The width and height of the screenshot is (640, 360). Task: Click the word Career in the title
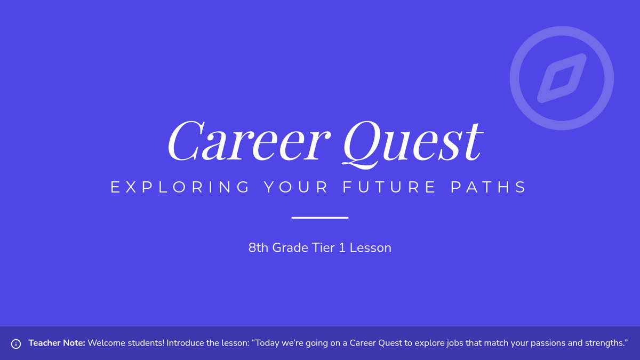point(249,141)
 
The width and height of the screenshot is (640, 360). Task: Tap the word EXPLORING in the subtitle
point(180,187)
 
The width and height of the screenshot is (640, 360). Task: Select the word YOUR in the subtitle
point(296,187)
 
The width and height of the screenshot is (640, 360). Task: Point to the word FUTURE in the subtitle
point(389,187)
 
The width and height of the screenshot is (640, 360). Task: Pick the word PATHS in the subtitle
point(489,187)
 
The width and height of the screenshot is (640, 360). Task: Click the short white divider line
point(320,218)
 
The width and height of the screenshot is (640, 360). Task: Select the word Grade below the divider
point(290,247)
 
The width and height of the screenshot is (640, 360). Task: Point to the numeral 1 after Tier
point(342,247)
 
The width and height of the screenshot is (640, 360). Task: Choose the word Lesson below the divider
point(371,247)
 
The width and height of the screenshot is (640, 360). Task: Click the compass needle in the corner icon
point(562,78)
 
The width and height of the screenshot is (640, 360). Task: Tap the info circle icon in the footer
point(16,343)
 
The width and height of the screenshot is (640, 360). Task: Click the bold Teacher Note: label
point(57,343)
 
